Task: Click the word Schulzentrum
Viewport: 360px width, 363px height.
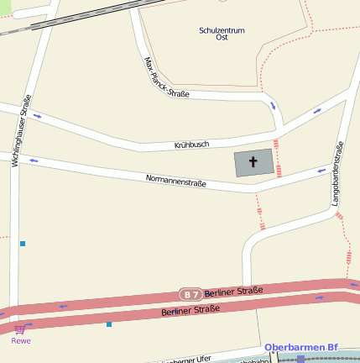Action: [x=222, y=30]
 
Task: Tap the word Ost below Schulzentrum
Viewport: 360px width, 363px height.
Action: [x=222, y=38]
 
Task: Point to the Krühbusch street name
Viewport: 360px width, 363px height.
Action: [x=191, y=145]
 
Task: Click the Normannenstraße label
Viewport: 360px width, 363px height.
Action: [x=176, y=179]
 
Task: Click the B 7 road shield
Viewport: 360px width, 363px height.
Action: [x=190, y=294]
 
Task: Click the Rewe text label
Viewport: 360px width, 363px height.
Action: [x=19, y=340]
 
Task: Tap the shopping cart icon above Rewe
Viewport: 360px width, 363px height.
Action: [x=19, y=329]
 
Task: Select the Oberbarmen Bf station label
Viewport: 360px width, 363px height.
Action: [x=300, y=347]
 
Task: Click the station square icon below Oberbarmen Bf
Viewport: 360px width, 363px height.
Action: [x=300, y=358]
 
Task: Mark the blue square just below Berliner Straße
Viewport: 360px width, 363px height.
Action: [x=109, y=324]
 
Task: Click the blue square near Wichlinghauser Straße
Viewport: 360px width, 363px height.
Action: [x=23, y=244]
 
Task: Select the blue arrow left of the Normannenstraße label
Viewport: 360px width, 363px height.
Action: [x=34, y=160]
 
